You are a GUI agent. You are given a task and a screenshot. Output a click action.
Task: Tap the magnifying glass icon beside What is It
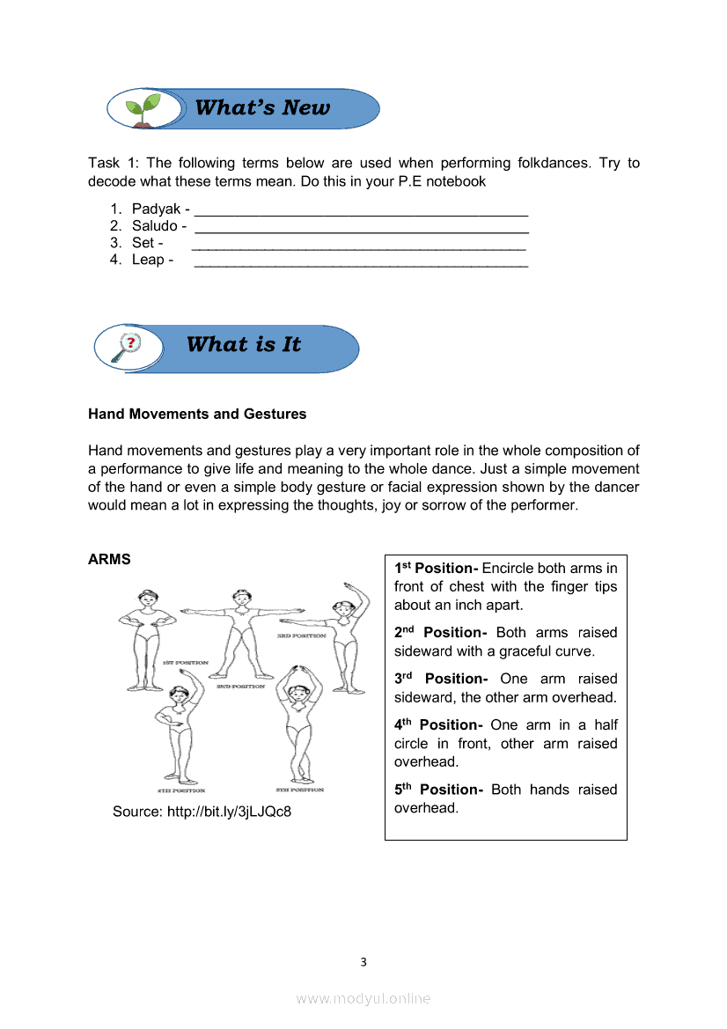coord(128,347)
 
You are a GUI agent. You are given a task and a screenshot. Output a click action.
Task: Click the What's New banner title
coord(262,108)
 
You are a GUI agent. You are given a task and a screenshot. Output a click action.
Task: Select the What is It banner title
coord(244,345)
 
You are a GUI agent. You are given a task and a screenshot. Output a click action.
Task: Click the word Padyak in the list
coord(156,209)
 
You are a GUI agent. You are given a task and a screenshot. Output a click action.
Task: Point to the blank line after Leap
coord(360,262)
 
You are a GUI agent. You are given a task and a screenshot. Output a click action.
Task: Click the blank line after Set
coord(358,246)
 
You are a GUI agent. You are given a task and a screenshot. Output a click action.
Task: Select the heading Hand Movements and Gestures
coord(197,414)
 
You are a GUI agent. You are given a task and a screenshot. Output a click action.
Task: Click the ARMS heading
coord(109,560)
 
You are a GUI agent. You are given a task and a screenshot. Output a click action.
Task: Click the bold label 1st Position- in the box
coord(436,568)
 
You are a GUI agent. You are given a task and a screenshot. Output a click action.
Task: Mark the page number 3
coord(363,961)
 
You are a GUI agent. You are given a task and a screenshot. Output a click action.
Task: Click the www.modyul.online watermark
coord(363,998)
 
